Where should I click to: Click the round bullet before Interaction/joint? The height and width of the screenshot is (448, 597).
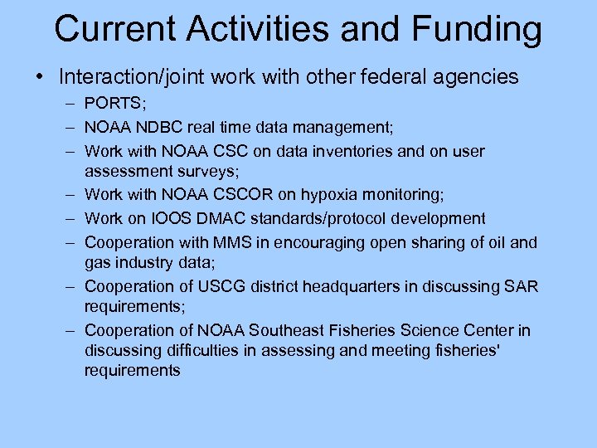(x=39, y=78)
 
